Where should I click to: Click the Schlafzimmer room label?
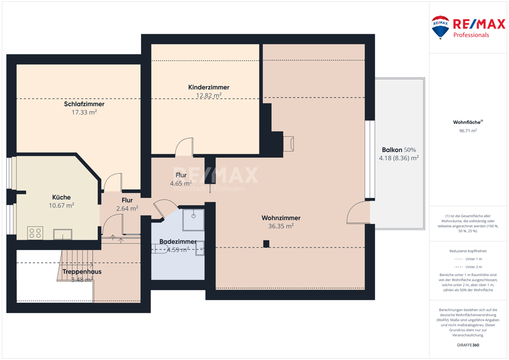click(x=84, y=104)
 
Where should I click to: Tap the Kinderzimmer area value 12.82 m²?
click(x=209, y=95)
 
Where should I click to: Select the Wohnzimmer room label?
click(x=281, y=218)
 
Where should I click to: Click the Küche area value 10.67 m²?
click(x=61, y=206)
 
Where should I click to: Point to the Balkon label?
click(x=392, y=150)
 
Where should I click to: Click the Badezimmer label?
click(x=178, y=242)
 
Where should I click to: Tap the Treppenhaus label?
click(x=82, y=272)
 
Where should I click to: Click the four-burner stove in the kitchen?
click(x=35, y=233)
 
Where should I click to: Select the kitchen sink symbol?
click(x=63, y=234)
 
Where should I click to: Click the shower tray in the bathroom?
click(x=194, y=220)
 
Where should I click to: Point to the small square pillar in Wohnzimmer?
click(x=266, y=244)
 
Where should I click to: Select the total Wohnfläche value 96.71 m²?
click(x=468, y=131)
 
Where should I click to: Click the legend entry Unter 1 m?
click(x=473, y=259)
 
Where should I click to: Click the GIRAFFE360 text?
click(x=468, y=345)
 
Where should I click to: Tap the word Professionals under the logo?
click(x=471, y=35)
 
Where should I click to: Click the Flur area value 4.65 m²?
click(x=181, y=184)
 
